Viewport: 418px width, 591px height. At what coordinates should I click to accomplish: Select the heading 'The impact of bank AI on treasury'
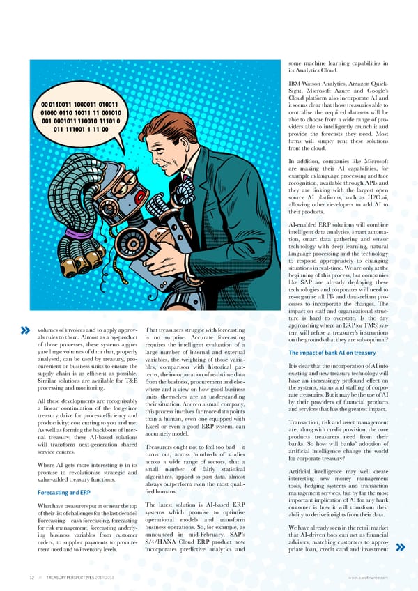pyautogui.click(x=330, y=353)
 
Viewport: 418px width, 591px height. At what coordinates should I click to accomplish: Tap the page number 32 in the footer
pyautogui.click(x=24, y=578)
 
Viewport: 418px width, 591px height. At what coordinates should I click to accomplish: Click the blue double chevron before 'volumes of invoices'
pyautogui.click(x=26, y=330)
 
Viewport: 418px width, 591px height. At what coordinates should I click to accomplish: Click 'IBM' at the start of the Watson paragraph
pyautogui.click(x=295, y=84)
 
